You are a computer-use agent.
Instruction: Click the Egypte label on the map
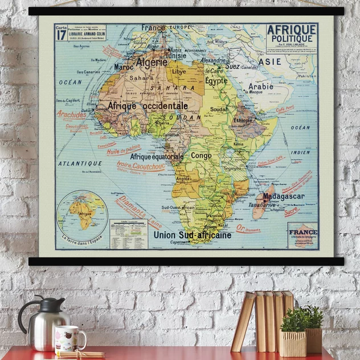(x=216, y=81)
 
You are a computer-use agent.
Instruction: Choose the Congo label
(x=201, y=155)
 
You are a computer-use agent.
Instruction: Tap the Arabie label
(x=260, y=87)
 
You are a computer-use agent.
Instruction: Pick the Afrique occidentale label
(x=148, y=106)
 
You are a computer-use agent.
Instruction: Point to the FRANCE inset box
(x=302, y=235)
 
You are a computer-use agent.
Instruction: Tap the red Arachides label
(x=72, y=114)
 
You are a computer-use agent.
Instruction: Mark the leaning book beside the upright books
(x=243, y=322)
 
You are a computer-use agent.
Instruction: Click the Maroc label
(x=124, y=67)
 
